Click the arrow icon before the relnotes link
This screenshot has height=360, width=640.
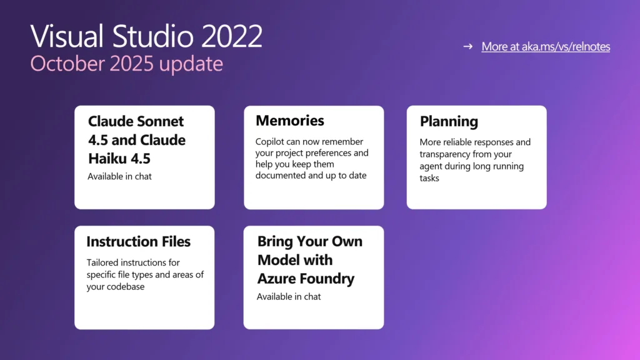pyautogui.click(x=467, y=47)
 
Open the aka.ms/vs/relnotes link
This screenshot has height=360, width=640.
pyautogui.click(x=546, y=47)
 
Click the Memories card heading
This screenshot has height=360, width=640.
pyautogui.click(x=290, y=121)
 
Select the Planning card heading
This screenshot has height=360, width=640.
pyautogui.click(x=449, y=121)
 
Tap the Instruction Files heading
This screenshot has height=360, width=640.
pyautogui.click(x=138, y=242)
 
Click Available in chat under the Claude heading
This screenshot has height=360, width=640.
pyautogui.click(x=119, y=176)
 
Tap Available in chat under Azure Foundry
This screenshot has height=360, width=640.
pyautogui.click(x=289, y=297)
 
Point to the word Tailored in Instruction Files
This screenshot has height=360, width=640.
pyautogui.click(x=103, y=262)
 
